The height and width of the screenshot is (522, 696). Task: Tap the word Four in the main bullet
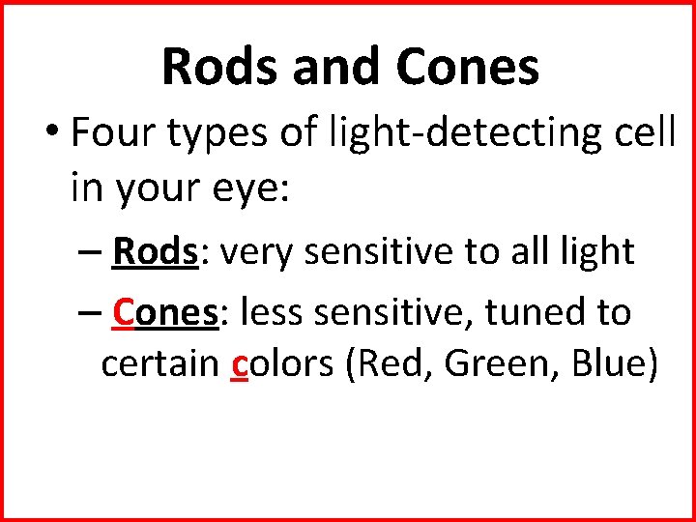113,134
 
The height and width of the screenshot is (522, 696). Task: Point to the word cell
643,134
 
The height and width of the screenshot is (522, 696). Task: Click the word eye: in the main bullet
247,188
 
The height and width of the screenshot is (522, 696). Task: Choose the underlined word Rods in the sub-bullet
154,251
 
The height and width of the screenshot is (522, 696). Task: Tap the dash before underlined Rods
87,253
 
